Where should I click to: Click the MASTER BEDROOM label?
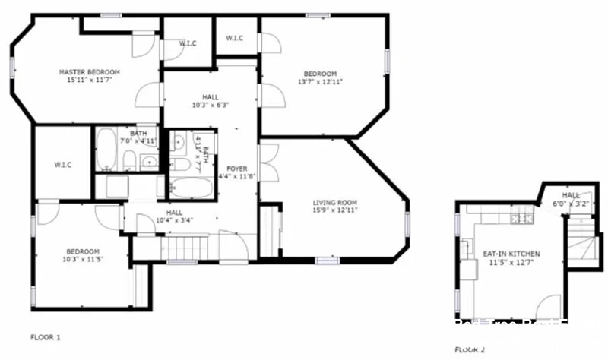90,72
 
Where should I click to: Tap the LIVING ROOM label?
335,202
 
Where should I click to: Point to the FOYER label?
236,169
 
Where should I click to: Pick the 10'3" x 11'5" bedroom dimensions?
81,260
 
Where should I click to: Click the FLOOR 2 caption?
470,349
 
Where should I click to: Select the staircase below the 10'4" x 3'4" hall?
187,248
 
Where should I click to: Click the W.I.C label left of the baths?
62,165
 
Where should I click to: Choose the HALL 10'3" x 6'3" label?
210,101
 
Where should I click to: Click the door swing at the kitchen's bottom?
549,308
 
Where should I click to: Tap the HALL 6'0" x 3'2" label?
571,199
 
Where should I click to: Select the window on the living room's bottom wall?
327,261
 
